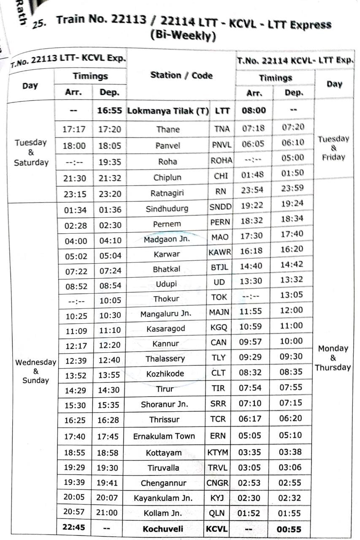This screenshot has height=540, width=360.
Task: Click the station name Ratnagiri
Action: (x=167, y=193)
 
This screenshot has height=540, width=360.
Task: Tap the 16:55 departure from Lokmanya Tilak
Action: (x=109, y=111)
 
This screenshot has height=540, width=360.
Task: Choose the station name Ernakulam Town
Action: (x=164, y=436)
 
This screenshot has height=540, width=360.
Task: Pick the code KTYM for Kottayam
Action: (x=218, y=452)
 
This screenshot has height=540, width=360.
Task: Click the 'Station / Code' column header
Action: (x=181, y=76)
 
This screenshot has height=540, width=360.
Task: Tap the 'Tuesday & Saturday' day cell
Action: (x=31, y=152)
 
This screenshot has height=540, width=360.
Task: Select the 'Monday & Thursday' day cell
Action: (x=333, y=358)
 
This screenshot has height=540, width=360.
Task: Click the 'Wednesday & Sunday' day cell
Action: (x=35, y=371)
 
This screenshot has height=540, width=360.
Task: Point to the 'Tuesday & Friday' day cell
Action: (x=333, y=148)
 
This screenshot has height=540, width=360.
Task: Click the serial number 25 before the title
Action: (x=39, y=24)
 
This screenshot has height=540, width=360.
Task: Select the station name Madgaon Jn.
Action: (x=167, y=238)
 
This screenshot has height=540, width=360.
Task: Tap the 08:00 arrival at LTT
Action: (x=254, y=111)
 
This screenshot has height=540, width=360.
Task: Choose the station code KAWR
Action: (x=219, y=252)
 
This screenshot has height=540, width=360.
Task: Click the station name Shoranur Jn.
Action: (x=164, y=404)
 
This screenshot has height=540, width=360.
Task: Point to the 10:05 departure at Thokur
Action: (x=110, y=300)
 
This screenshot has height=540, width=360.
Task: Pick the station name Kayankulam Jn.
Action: (x=163, y=498)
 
